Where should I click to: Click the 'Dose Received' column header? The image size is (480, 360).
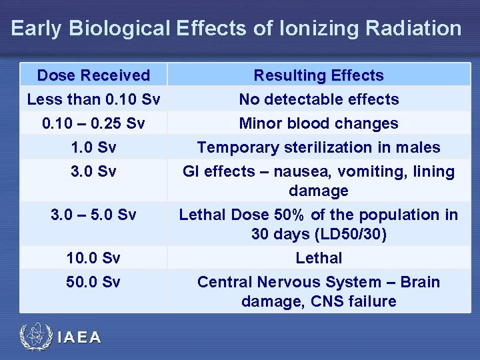(93, 75)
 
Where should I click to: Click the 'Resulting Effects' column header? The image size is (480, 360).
(319, 75)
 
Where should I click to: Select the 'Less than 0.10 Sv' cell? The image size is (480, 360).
(93, 99)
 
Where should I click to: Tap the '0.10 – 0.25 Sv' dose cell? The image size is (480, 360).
(93, 123)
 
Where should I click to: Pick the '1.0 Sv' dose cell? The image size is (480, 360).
(93, 147)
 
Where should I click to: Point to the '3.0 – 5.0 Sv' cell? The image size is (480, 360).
(93, 215)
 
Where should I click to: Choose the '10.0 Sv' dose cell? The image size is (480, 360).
(93, 258)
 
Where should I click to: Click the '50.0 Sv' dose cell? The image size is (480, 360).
(93, 282)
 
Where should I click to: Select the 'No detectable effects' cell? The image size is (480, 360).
(319, 99)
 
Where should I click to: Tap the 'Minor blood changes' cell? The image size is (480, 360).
(319, 123)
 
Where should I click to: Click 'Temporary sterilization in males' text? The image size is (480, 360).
(319, 147)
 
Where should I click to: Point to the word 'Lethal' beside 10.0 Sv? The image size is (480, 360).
(319, 258)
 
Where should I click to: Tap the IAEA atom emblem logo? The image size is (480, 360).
(33, 337)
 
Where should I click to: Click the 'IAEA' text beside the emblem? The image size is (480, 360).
(79, 338)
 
